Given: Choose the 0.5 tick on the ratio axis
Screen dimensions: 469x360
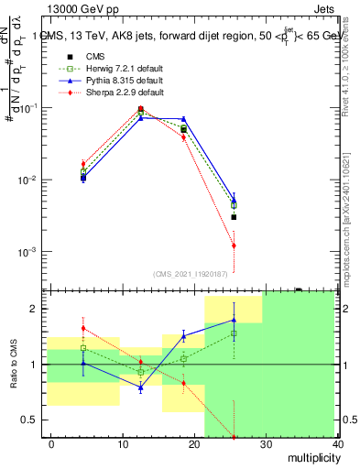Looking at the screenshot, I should pyautogui.click(x=34, y=420).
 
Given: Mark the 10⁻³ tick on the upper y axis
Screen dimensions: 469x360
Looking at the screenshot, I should pyautogui.click(x=30, y=252).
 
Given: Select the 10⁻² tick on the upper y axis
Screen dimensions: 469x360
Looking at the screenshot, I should pyautogui.click(x=30, y=180).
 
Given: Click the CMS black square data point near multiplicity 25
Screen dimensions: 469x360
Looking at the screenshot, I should pyautogui.click(x=234, y=217).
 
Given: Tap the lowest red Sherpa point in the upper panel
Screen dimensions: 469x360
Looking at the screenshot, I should pyautogui.click(x=234, y=245).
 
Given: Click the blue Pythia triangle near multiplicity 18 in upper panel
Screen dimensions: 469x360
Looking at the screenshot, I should pyautogui.click(x=184, y=119).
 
